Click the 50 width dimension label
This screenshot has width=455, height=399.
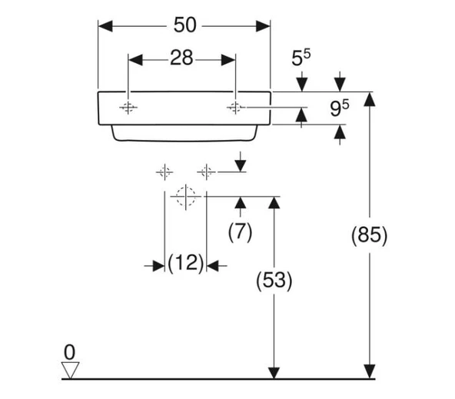[184, 25]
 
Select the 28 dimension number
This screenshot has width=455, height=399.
[181, 60]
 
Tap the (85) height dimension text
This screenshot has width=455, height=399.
[370, 235]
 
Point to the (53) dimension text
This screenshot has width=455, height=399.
[274, 281]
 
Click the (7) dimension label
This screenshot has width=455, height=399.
[241, 231]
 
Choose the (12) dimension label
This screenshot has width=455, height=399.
[185, 264]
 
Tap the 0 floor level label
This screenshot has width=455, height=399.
[69, 352]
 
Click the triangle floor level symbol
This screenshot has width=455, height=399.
[70, 371]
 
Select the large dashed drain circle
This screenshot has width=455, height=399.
[185, 196]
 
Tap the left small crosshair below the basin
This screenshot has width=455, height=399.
[164, 171]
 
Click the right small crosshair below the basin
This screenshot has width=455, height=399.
[206, 171]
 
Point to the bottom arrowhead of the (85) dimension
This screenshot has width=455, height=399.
[370, 372]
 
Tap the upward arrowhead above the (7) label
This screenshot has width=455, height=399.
[241, 202]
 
